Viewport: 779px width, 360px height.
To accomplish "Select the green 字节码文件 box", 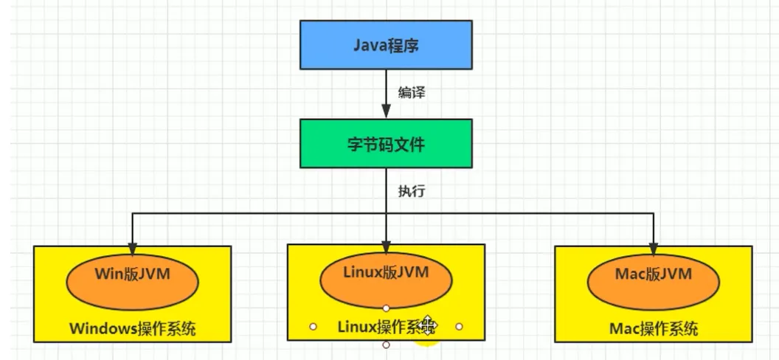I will pyautogui.click(x=386, y=144).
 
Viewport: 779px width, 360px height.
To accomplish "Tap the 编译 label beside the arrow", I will pyautogui.click(x=411, y=93).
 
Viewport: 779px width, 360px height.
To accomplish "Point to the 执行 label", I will pyautogui.click(x=411, y=190).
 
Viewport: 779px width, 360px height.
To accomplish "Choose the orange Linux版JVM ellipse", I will pyautogui.click(x=386, y=279).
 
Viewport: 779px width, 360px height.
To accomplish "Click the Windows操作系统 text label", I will pyautogui.click(x=133, y=328).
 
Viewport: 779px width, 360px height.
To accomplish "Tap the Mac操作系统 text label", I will pyautogui.click(x=654, y=328).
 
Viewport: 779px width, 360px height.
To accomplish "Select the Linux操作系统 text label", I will pyautogui.click(x=376, y=325).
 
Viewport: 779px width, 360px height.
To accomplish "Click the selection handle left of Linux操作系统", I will pyautogui.click(x=313, y=325).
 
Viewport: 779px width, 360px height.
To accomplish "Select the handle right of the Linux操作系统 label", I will pyautogui.click(x=459, y=325).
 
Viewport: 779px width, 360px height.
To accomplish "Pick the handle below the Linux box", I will pyautogui.click(x=386, y=345).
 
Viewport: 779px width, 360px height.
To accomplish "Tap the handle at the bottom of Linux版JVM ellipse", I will pyautogui.click(x=386, y=306).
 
